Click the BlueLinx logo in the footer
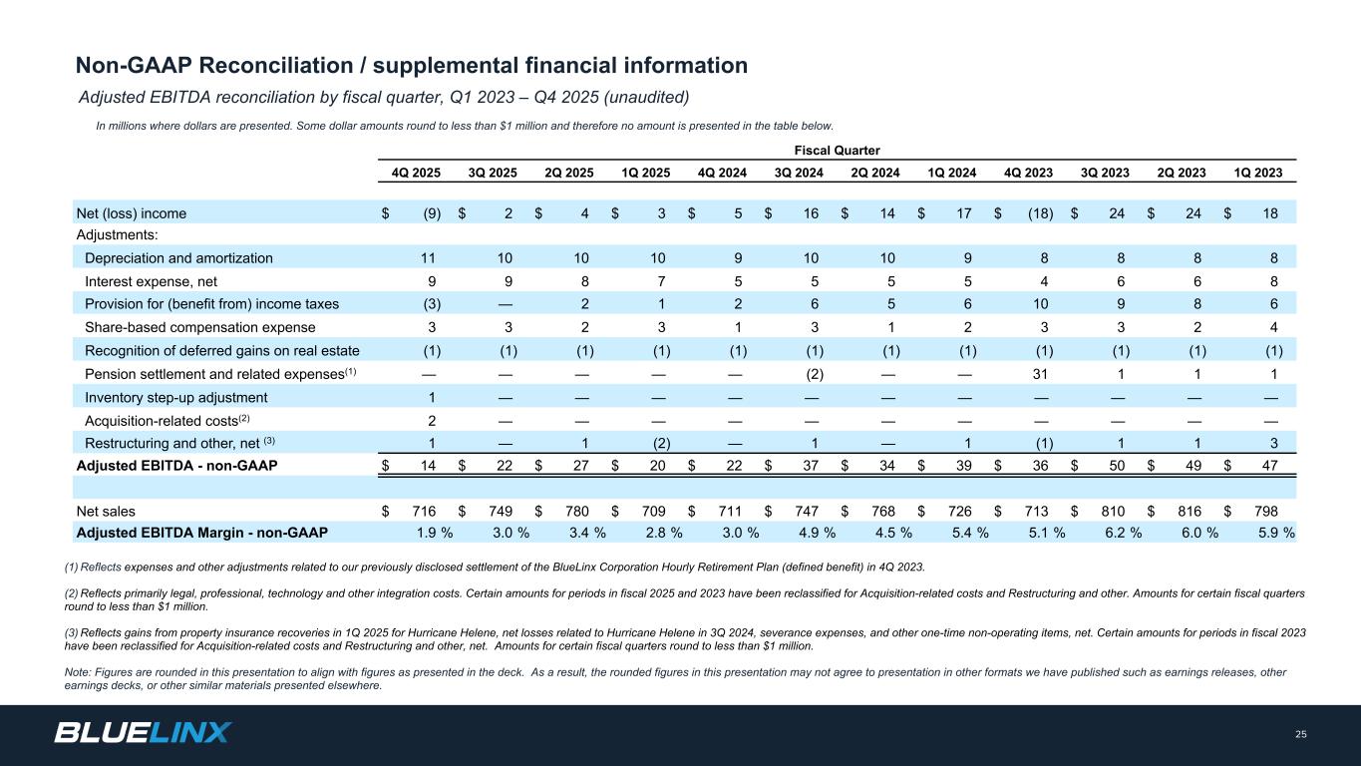coord(143,733)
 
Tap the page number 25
coord(1300,735)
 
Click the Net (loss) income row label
coord(132,212)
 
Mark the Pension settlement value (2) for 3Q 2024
coord(814,373)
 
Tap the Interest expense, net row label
coord(151,281)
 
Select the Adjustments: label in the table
coord(118,234)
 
